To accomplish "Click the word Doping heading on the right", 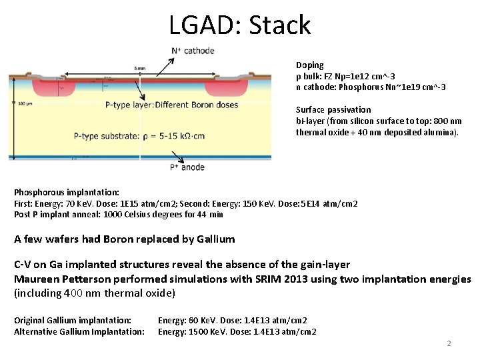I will point(309,65).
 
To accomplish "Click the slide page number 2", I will point(449,343).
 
